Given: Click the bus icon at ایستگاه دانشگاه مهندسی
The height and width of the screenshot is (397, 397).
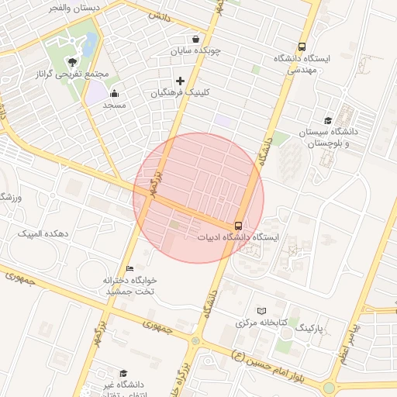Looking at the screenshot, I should (x=302, y=47).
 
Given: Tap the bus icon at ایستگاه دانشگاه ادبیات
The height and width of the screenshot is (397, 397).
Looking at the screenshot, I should (x=237, y=226).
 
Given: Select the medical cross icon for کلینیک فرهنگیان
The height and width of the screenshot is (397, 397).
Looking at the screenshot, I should (x=181, y=81).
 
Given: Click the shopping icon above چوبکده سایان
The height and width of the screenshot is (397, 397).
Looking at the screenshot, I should (x=195, y=39).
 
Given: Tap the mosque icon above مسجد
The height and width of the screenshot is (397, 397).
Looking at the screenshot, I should (x=114, y=94).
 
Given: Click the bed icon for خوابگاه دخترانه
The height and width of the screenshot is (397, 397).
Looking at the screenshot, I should (x=129, y=268).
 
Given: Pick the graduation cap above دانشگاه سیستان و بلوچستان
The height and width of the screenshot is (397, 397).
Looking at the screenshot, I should (x=328, y=120).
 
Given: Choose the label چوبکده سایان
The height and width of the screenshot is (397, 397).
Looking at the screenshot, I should (x=197, y=51).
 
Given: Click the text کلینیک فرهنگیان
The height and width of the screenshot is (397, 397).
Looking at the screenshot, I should (x=180, y=92).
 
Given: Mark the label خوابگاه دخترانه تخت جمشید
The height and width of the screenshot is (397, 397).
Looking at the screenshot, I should (x=130, y=285).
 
